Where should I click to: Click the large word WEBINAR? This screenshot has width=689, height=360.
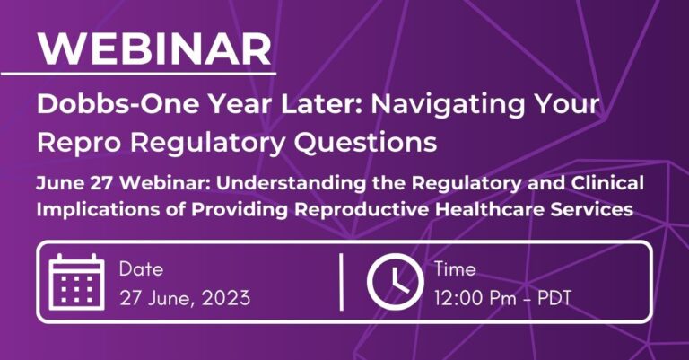154,48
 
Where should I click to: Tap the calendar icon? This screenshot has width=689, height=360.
77,282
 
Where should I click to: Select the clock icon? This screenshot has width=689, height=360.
395,282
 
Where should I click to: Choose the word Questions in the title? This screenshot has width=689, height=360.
365,143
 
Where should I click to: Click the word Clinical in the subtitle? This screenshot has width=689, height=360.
607,182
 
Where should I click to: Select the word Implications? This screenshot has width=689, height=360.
97,210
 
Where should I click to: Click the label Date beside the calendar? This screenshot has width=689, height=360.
141,269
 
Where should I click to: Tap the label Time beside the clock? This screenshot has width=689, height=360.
455,269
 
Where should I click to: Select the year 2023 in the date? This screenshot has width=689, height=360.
226,298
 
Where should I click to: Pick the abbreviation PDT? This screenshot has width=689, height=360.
554,298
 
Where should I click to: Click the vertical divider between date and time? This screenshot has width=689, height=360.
342,282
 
